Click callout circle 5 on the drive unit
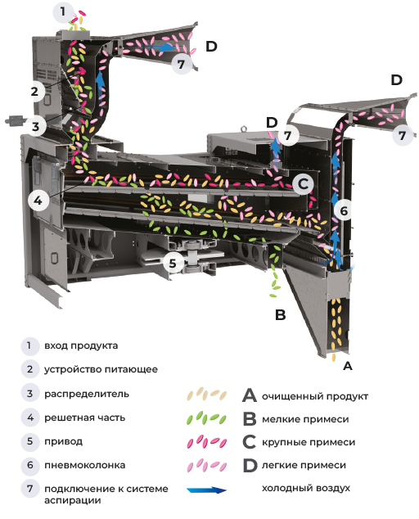coord(173,263)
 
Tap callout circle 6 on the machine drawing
coord(344,210)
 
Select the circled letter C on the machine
coord(303,184)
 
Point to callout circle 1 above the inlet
coord(62,12)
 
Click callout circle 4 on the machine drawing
coord(38,200)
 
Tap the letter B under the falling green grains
coord(281,315)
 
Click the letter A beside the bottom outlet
coord(348,366)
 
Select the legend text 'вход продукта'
coord(81,345)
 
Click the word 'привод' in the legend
coord(64,441)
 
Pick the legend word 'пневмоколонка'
coord(85,465)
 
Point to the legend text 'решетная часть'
coord(85,417)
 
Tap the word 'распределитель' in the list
coord(87,394)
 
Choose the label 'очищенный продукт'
coord(315,396)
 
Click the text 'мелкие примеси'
coord(305,419)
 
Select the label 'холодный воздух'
coord(306,488)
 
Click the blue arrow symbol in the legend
coord(207,490)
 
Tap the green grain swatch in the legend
coord(206,418)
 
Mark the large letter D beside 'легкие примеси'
coord(250,465)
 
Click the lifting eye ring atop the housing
coord(244,128)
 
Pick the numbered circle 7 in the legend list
coord(30,489)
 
